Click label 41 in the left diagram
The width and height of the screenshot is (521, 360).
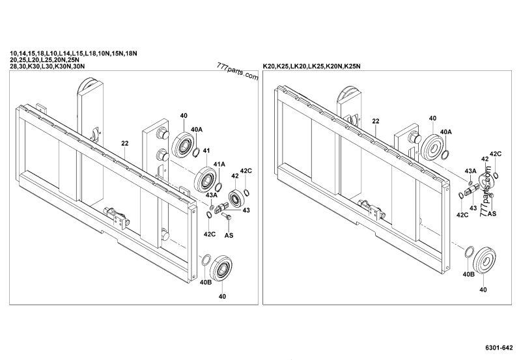206,151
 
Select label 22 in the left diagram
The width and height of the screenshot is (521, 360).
124,142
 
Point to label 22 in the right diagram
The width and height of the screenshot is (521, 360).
376,122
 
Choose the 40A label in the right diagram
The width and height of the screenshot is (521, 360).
447,132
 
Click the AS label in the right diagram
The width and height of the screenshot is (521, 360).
492,213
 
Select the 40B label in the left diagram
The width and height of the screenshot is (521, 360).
205,283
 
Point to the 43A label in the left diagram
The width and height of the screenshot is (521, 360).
212,195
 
